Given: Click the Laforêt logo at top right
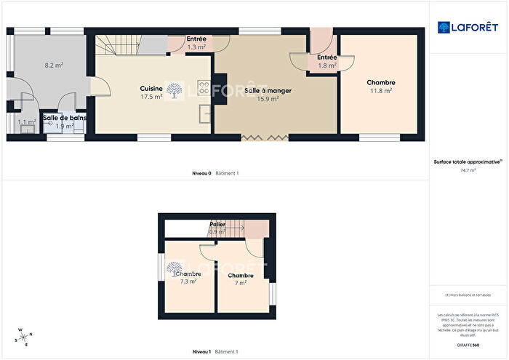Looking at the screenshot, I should pyautogui.click(x=468, y=28).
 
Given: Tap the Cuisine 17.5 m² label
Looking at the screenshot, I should pyautogui.click(x=151, y=92).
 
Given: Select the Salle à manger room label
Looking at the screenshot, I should pyautogui.click(x=268, y=95).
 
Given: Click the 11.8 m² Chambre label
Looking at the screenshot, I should pyautogui.click(x=381, y=87).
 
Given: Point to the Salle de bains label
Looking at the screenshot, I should pyautogui.click(x=65, y=121).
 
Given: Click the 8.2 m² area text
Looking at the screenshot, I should pyautogui.click(x=54, y=65).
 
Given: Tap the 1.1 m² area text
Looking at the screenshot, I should pyautogui.click(x=27, y=122).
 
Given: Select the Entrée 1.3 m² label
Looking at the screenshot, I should pyautogui.click(x=196, y=43).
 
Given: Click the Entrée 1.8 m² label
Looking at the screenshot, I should pyautogui.click(x=326, y=61).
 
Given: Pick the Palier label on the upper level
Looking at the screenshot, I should pyautogui.click(x=217, y=228).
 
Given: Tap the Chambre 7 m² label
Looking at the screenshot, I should pyautogui.click(x=240, y=279).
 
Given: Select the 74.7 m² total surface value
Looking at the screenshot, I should pyautogui.click(x=468, y=170).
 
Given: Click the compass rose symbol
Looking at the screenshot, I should pyautogui.click(x=23, y=336).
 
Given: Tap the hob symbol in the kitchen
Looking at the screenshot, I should pyautogui.click(x=204, y=90).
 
